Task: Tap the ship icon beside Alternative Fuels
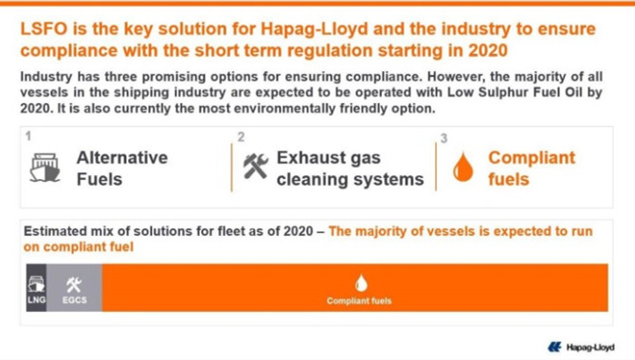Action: (45, 168)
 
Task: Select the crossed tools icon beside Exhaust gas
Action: (256, 166)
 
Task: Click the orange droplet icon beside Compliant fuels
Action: (463, 167)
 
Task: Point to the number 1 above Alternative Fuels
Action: (27, 135)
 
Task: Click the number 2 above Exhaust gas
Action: (241, 136)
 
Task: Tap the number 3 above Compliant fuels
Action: (444, 138)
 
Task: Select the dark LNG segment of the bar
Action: (36, 287)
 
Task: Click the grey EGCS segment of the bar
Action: (75, 287)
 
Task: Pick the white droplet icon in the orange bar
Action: (361, 283)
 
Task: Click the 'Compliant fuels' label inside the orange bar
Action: (359, 301)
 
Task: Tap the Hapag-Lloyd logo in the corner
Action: (581, 347)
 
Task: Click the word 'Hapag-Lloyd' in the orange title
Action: (315, 29)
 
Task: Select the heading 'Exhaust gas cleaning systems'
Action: (351, 169)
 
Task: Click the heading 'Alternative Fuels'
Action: (122, 169)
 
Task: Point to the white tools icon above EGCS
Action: (74, 285)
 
